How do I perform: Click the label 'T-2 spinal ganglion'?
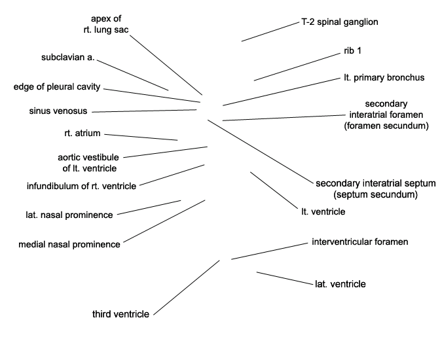(x=340, y=22)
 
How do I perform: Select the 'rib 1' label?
(x=352, y=50)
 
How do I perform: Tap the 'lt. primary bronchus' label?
(x=384, y=77)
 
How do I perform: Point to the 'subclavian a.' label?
(x=68, y=57)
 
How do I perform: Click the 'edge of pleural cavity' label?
(x=57, y=87)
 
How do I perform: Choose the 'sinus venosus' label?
(x=58, y=111)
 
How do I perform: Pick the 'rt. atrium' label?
(x=83, y=133)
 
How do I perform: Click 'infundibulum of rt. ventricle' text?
(x=81, y=186)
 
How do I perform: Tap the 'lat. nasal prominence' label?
(x=69, y=215)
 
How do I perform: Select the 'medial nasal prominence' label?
(x=69, y=244)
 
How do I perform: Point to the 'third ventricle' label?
(x=120, y=314)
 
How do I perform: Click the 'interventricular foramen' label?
(x=360, y=242)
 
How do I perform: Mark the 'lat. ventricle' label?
(x=341, y=284)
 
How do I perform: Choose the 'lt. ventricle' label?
(x=323, y=211)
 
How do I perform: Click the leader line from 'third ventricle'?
(x=187, y=287)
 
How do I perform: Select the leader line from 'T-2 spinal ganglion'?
(x=270, y=32)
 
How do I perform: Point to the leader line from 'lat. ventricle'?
(x=285, y=278)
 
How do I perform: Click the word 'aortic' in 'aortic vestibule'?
(x=69, y=157)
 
